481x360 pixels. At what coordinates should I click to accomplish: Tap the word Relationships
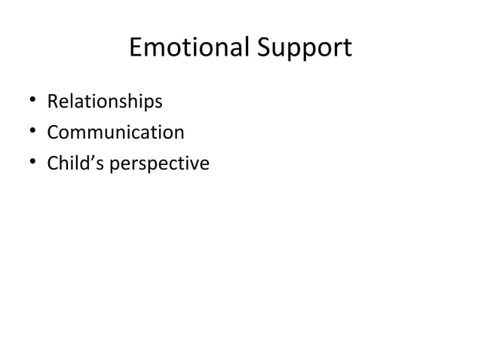click(x=105, y=101)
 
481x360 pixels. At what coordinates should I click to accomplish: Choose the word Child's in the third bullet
click(x=76, y=163)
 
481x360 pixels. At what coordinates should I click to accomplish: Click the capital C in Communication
click(x=54, y=133)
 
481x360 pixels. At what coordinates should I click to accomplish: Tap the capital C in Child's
click(x=54, y=163)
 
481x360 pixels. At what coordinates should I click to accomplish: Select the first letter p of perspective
click(x=115, y=166)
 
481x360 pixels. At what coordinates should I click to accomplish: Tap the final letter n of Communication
click(x=179, y=134)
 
